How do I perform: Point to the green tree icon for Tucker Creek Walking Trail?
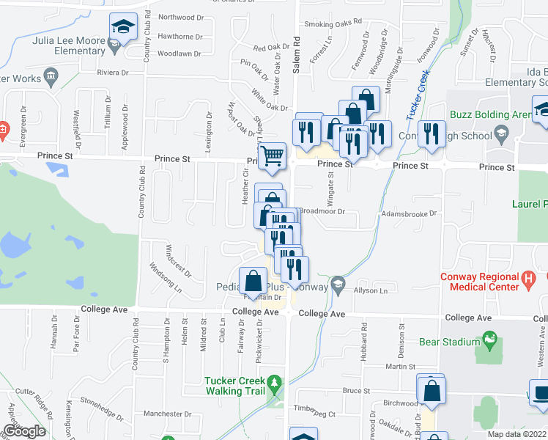274,382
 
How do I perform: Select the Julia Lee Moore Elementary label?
69,46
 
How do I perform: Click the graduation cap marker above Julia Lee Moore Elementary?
123,27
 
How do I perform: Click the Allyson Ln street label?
370,291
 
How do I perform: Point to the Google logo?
24,431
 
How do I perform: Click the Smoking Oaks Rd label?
333,24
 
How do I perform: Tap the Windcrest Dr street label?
178,260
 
